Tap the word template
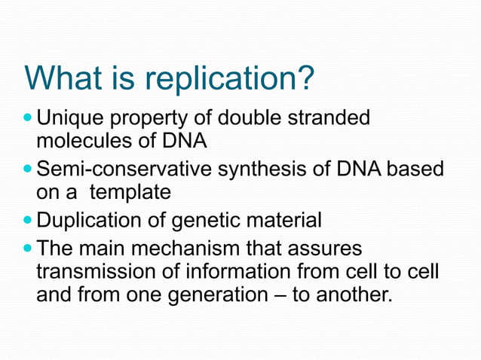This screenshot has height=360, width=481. point(130,193)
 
